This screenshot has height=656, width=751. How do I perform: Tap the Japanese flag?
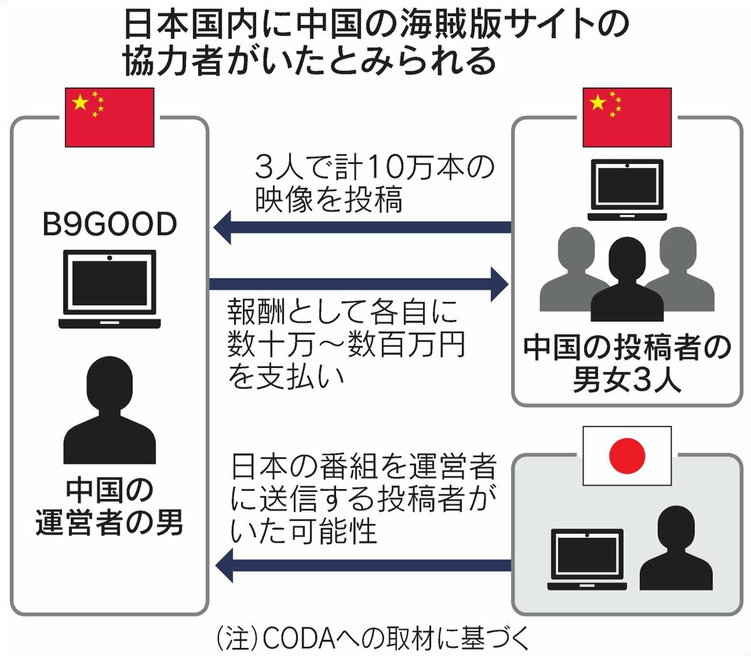tap(626, 456)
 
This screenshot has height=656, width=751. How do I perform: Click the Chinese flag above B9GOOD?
tap(110, 118)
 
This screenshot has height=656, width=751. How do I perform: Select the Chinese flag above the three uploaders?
tap(626, 118)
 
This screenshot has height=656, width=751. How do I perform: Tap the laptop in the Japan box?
tap(586, 560)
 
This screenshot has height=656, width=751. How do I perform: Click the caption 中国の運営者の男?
tap(110, 508)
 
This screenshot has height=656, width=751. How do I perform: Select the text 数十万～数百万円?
tap(347, 344)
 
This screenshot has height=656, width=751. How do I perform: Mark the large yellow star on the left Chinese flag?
tap(80, 102)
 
